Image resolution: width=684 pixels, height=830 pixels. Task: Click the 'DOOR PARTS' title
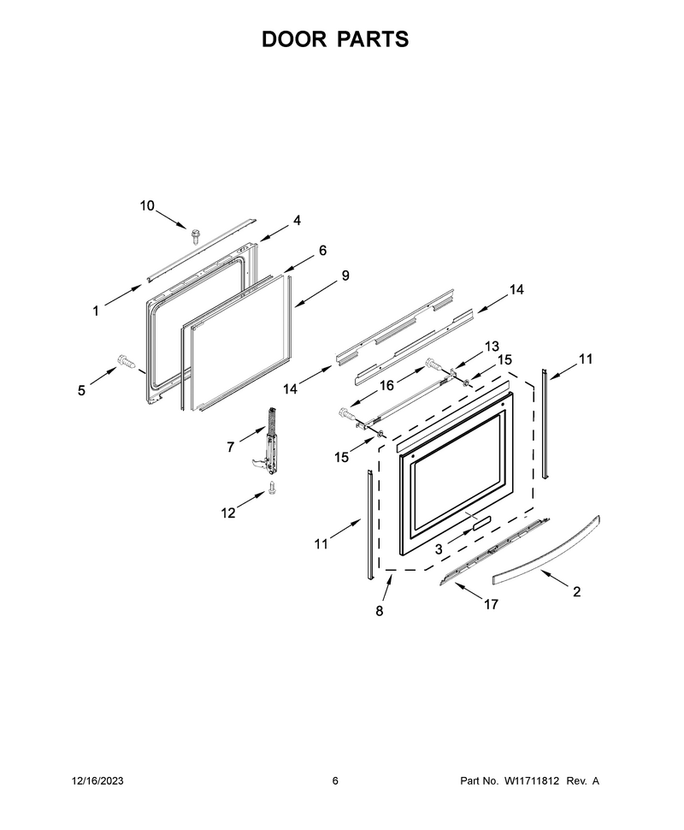click(x=335, y=39)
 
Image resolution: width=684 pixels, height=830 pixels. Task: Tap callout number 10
click(x=147, y=205)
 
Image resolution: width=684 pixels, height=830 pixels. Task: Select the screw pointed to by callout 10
click(x=197, y=235)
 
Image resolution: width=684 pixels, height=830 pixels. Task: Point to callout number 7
click(x=230, y=448)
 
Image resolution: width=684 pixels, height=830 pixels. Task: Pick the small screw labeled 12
click(x=273, y=487)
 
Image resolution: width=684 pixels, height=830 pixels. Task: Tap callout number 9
click(x=345, y=276)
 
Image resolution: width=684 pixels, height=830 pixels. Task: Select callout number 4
click(x=297, y=220)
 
